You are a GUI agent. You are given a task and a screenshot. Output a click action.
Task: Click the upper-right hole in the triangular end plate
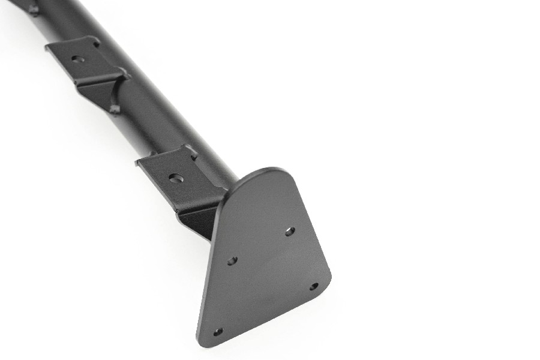point(290,231)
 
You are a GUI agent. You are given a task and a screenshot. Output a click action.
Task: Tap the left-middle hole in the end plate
point(232,260)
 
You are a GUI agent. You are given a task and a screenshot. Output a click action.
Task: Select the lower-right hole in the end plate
point(314,286)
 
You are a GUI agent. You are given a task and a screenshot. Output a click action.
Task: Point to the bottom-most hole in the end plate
point(218,331)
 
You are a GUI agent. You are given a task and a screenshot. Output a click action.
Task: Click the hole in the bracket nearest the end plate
point(175,178)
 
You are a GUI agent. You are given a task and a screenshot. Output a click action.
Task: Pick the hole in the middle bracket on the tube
point(76,59)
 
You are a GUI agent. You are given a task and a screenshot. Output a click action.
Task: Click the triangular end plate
point(264,264)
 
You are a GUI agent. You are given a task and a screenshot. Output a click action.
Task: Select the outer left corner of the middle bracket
point(47,48)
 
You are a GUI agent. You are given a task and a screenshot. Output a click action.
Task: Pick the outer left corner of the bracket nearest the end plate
point(137,161)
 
